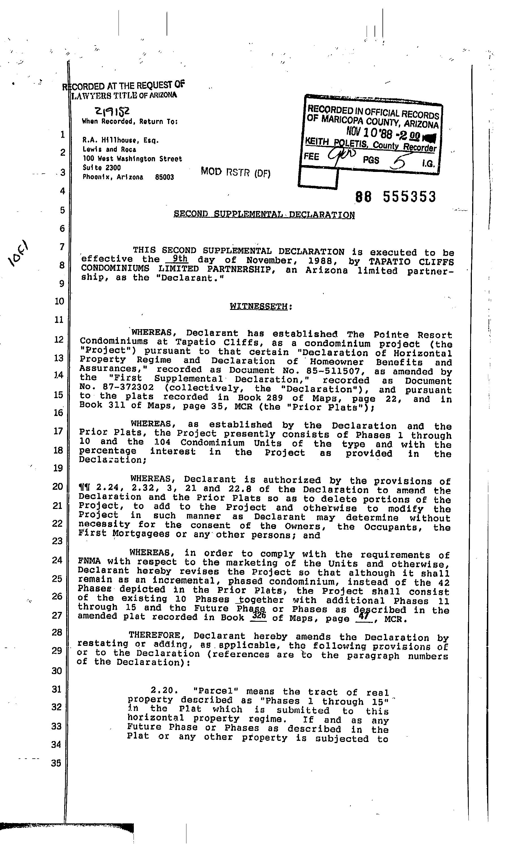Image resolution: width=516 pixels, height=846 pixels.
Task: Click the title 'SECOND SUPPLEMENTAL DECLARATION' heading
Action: point(264,215)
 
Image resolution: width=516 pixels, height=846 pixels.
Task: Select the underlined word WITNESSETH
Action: point(258,306)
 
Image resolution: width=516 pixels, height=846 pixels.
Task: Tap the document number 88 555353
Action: point(395,197)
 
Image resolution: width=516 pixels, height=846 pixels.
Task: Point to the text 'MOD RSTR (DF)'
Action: point(235,172)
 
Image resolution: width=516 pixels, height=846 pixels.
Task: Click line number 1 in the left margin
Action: point(62,134)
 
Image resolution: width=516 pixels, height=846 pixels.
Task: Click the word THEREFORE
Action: point(154,636)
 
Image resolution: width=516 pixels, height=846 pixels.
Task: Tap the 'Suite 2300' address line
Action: point(102,168)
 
